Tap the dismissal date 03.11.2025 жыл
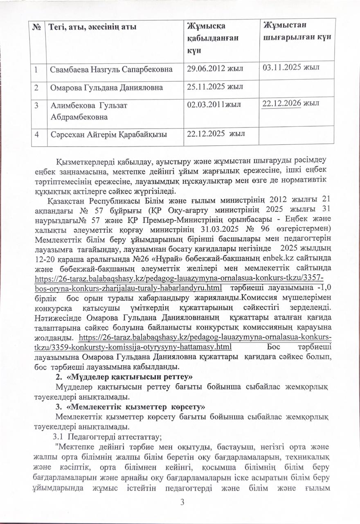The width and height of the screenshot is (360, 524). (x=291, y=67)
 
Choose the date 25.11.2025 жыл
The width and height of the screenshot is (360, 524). (x=215, y=86)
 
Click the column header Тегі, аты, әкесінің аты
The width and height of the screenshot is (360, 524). (x=93, y=27)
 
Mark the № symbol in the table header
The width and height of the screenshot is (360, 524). (x=38, y=27)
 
